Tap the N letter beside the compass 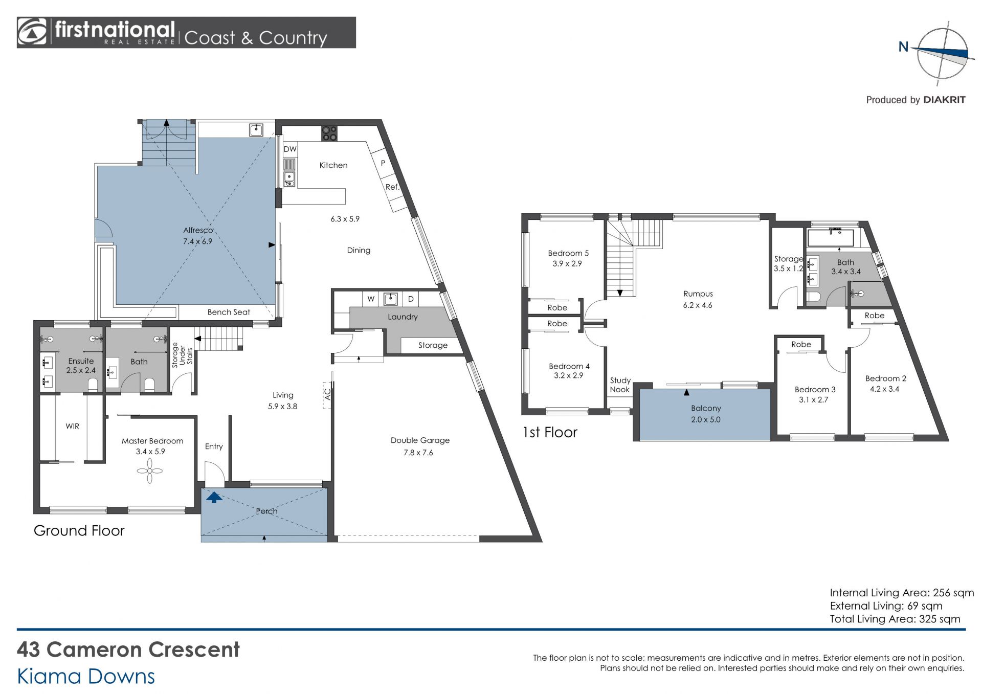[x=903, y=47]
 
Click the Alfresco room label [x=198, y=230]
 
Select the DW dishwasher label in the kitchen [x=290, y=149]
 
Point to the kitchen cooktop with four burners [x=329, y=133]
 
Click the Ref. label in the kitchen [x=392, y=187]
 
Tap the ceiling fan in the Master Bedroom [x=149, y=471]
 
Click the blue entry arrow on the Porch [x=214, y=497]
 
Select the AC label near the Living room [x=328, y=394]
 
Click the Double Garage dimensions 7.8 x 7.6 [x=418, y=453]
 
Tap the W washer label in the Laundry [x=371, y=299]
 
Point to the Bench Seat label [x=229, y=312]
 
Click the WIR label [x=72, y=426]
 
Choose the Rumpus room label [x=698, y=294]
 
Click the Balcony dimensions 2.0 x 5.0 [x=706, y=419]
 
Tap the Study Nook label [x=620, y=385]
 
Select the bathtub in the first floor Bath [x=831, y=238]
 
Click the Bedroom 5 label [x=568, y=253]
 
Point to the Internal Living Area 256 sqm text [x=902, y=593]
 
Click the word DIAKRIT [x=944, y=100]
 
